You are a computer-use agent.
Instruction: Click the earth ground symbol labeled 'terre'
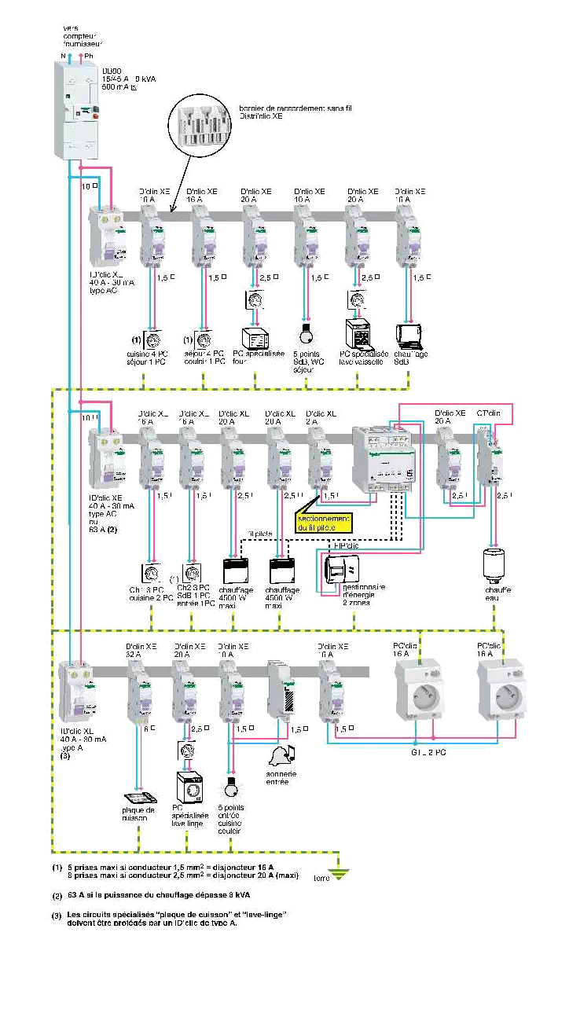coord(339,870)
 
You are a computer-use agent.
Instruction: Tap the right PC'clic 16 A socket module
coord(501,691)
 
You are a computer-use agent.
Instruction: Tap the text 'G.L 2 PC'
coord(428,752)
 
